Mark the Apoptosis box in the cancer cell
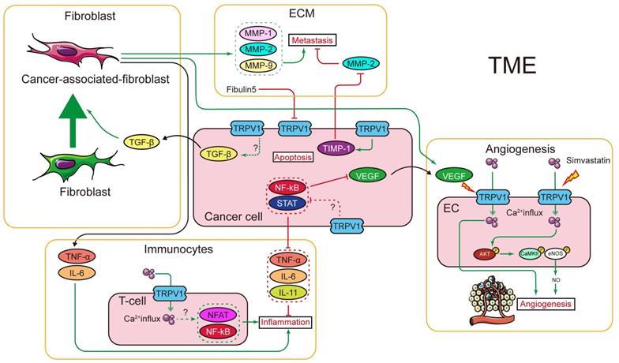tap(292, 157)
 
